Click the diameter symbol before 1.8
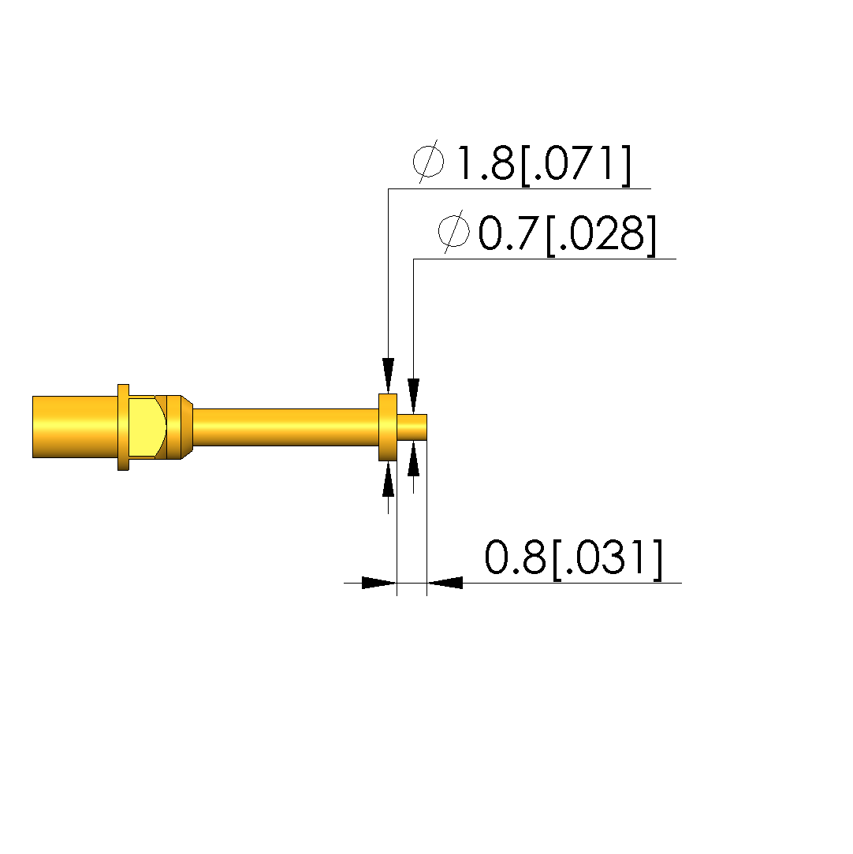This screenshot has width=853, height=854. [x=428, y=162]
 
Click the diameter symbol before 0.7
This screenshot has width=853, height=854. [x=453, y=232]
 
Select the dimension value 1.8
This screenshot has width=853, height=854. [x=485, y=163]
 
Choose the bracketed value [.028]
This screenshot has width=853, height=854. [x=601, y=235]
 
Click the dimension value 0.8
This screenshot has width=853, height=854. [x=515, y=558]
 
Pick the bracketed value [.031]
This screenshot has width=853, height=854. [x=608, y=559]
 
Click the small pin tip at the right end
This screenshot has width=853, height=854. [x=412, y=427]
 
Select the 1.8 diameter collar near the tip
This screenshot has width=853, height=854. [x=388, y=427]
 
